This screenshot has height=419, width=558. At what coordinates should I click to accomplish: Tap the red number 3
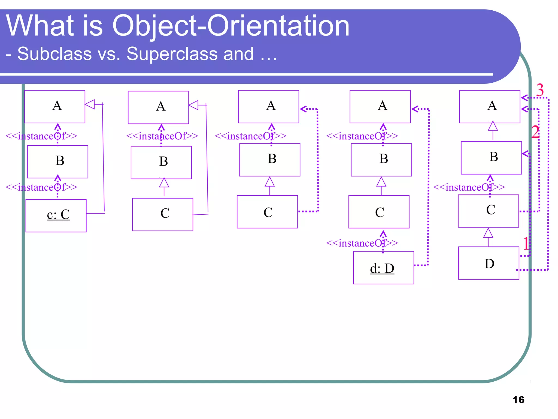click(x=540, y=90)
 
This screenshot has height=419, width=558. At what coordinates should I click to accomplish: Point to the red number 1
click(x=526, y=243)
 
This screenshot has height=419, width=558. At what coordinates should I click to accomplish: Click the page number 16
click(x=518, y=400)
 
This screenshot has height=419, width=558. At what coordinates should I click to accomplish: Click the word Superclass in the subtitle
click(x=172, y=54)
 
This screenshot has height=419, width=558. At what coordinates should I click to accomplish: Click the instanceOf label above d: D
click(x=362, y=243)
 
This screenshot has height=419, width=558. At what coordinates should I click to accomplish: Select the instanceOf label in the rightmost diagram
click(x=469, y=187)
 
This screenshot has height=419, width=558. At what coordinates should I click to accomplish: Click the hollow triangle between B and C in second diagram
click(x=164, y=183)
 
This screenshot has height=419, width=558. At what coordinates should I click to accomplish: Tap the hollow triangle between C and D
click(x=488, y=234)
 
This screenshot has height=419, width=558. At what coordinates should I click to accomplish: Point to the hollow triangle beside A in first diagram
click(x=90, y=104)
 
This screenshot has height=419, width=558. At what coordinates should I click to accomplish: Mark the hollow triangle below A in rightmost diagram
click(x=493, y=126)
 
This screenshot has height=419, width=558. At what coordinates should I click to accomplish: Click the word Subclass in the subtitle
click(x=54, y=54)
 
